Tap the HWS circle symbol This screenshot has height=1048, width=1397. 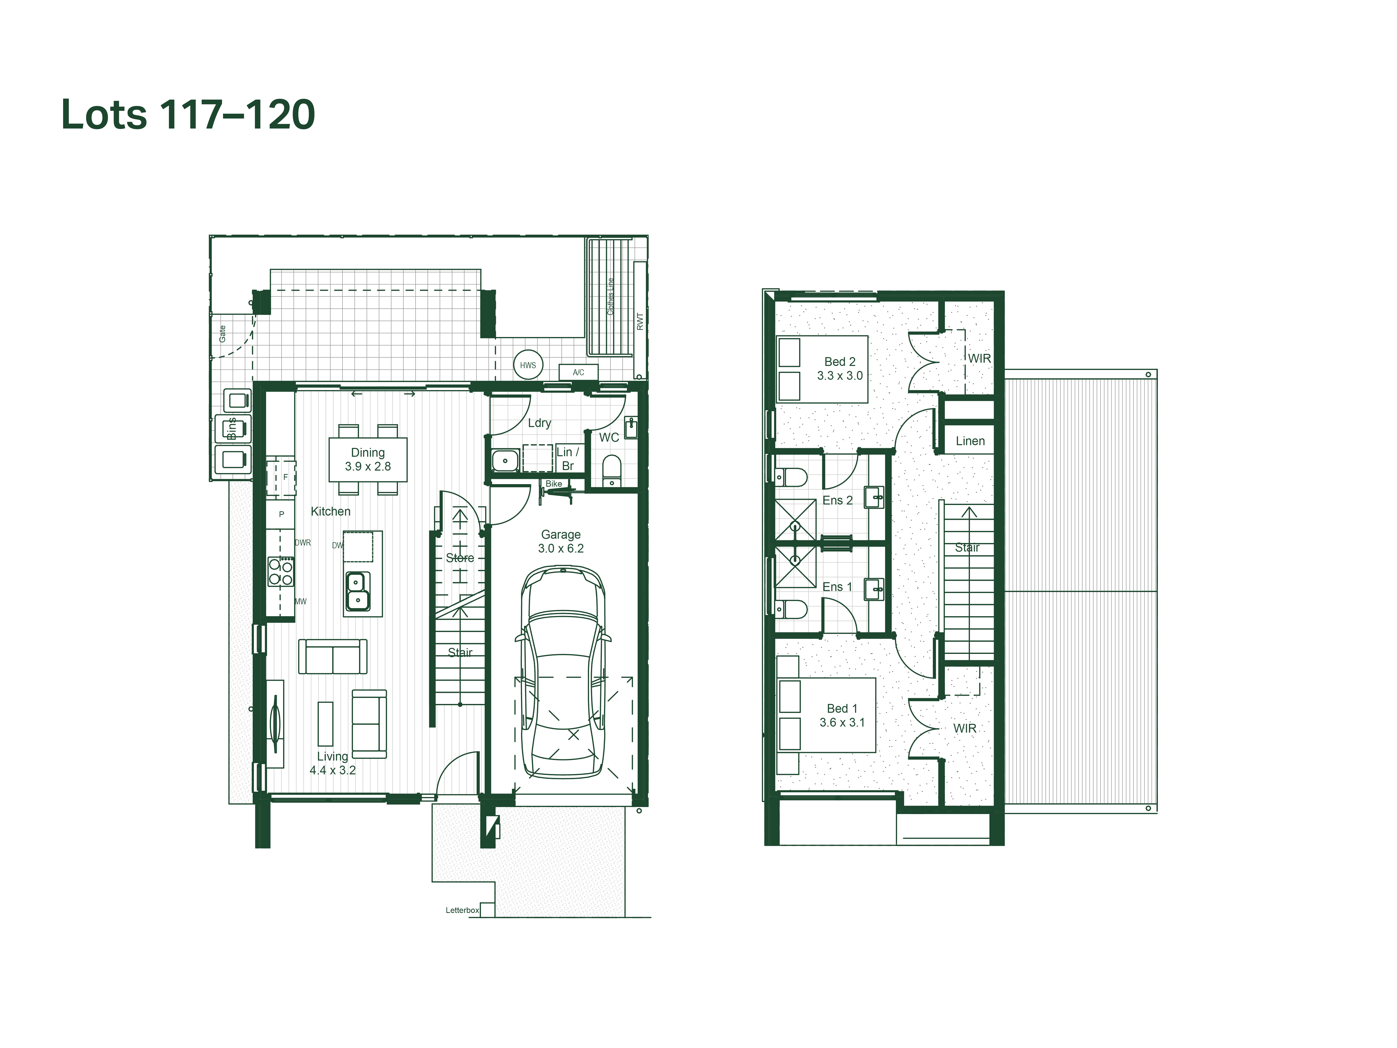point(528,365)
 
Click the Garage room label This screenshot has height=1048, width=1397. point(561,534)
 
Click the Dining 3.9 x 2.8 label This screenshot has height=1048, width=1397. point(368,459)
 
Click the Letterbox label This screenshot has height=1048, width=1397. point(462,910)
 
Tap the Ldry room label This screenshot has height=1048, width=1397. point(539,423)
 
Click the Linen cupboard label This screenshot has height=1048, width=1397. point(970,441)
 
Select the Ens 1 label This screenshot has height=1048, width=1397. point(838,587)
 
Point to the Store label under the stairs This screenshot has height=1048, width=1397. point(460,558)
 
